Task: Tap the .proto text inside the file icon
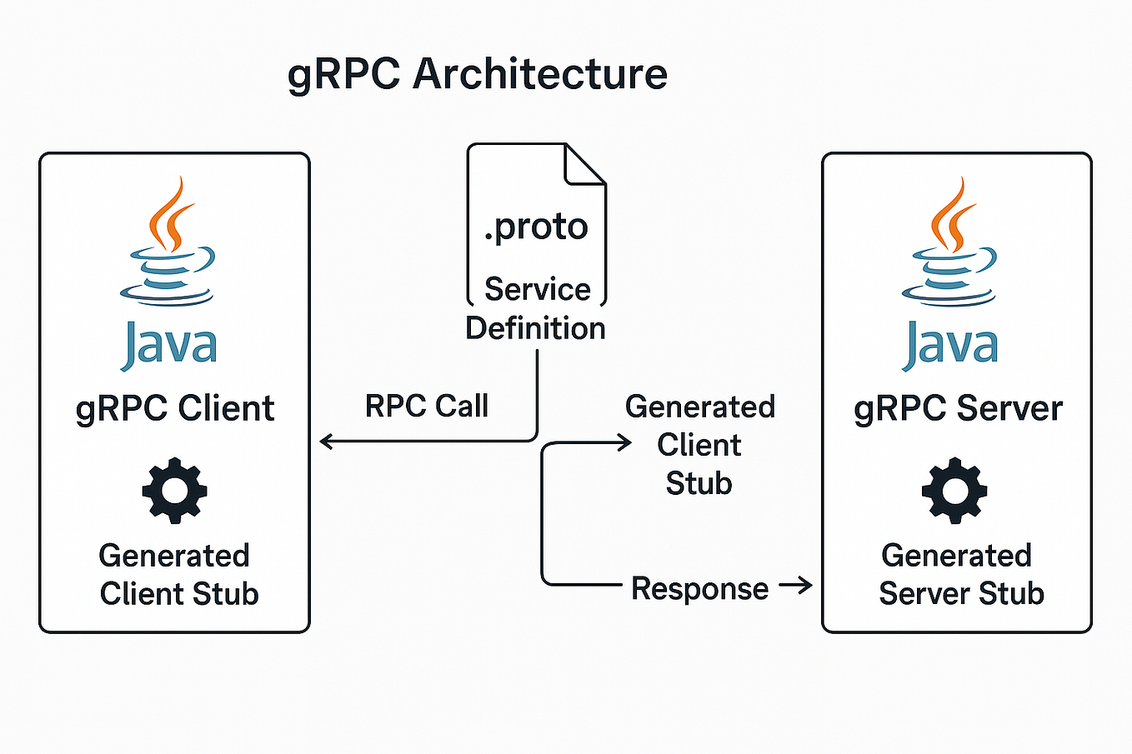pyautogui.click(x=536, y=226)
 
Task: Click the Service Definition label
pyautogui.click(x=536, y=308)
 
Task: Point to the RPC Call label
pyautogui.click(x=427, y=406)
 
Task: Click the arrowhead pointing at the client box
pyautogui.click(x=326, y=442)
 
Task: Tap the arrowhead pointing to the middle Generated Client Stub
pyautogui.click(x=625, y=443)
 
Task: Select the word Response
pyautogui.click(x=699, y=588)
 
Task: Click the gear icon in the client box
pyautogui.click(x=174, y=490)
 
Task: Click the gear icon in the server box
pyautogui.click(x=954, y=490)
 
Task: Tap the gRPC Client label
pyautogui.click(x=175, y=408)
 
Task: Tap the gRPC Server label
pyautogui.click(x=958, y=408)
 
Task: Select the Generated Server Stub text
pyautogui.click(x=959, y=574)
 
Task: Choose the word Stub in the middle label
pyautogui.click(x=699, y=483)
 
